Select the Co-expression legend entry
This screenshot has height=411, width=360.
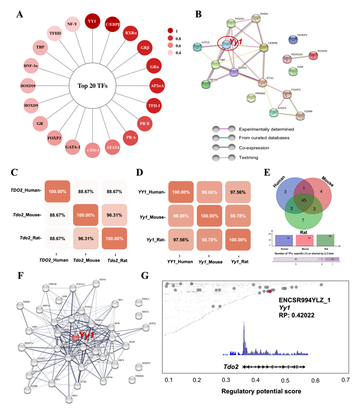point(250,147)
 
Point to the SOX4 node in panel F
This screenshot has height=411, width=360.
point(96,283)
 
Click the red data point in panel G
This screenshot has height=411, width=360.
point(270,292)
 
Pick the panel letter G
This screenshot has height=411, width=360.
point(145,275)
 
